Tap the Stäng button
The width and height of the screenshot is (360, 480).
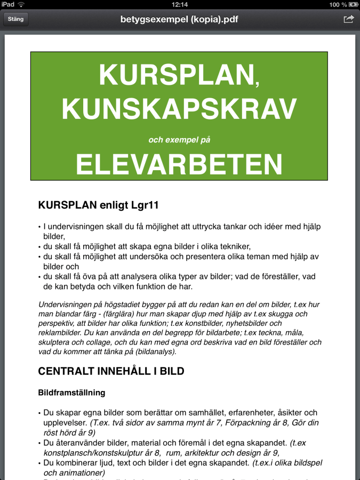[x=16, y=19]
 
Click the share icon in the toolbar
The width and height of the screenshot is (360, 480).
[x=348, y=19]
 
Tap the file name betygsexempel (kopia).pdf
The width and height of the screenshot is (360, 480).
[x=179, y=20]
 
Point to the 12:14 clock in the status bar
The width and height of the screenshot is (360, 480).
[x=180, y=4]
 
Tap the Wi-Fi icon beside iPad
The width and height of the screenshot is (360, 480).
[x=21, y=4]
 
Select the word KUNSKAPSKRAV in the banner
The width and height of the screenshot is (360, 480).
[x=179, y=108]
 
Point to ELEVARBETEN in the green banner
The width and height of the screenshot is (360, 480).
[x=179, y=164]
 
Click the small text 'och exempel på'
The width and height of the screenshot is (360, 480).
[x=179, y=140]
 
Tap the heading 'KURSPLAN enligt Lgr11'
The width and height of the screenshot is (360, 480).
[x=99, y=205]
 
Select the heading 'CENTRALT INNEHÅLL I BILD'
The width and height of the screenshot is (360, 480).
[x=111, y=371]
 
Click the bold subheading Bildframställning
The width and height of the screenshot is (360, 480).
[x=71, y=393]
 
